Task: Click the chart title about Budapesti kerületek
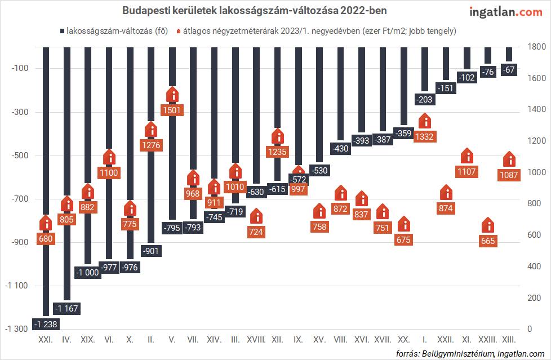point(255,11)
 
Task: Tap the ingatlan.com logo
point(506,12)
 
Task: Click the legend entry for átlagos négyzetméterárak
point(316,31)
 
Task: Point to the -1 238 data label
point(46,324)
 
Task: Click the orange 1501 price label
point(171,110)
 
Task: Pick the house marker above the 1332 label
point(425,121)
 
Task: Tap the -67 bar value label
point(509,70)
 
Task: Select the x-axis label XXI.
point(46,340)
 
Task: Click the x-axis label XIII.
point(509,340)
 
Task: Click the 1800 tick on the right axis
point(536,47)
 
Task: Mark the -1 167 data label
point(67,308)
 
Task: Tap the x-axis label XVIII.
point(256,340)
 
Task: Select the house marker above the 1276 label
point(150,131)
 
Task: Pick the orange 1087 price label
point(509,175)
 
